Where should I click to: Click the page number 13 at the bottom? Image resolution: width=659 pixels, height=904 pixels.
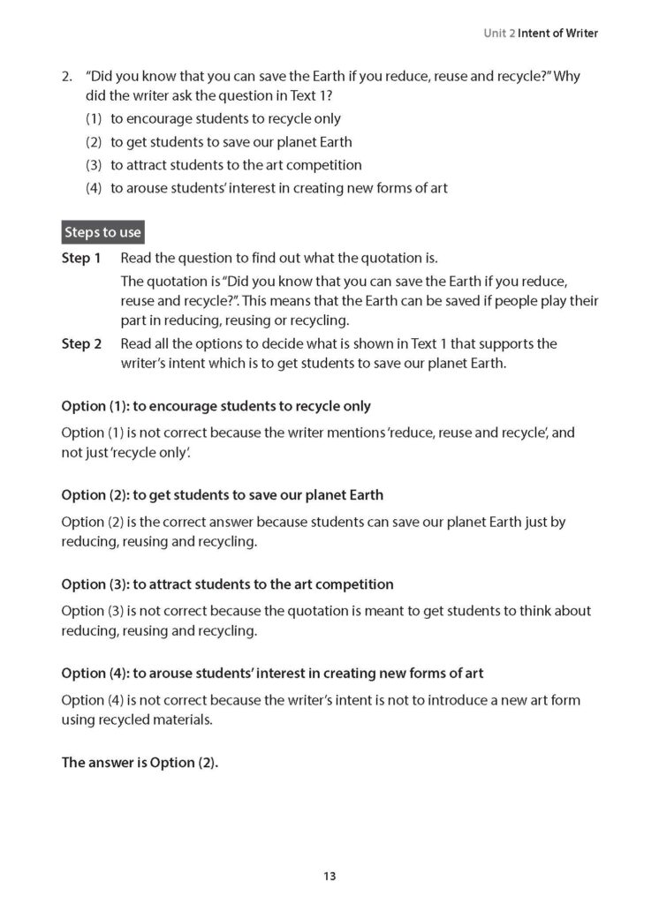pyautogui.click(x=329, y=877)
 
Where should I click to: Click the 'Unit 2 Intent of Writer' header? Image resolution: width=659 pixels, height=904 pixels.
pyautogui.click(x=541, y=34)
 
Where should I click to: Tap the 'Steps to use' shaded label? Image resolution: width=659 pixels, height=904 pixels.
pyautogui.click(x=102, y=232)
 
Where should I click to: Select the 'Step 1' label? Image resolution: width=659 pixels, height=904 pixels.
pyautogui.click(x=81, y=259)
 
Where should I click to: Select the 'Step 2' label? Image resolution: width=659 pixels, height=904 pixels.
pyautogui.click(x=81, y=343)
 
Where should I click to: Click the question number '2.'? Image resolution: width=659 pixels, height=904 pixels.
pyautogui.click(x=67, y=77)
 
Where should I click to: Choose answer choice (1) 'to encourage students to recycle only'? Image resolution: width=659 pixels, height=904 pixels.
pyautogui.click(x=225, y=118)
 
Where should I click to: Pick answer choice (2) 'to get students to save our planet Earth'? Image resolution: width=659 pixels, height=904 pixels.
pyautogui.click(x=231, y=141)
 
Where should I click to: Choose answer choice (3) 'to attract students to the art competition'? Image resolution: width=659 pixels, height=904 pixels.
pyautogui.click(x=236, y=164)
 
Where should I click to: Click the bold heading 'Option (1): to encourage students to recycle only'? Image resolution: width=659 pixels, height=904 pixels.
pyautogui.click(x=216, y=406)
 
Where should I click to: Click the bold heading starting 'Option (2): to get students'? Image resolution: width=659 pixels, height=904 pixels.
pyautogui.click(x=222, y=495)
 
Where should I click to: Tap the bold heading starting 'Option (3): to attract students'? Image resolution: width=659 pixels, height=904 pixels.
pyautogui.click(x=227, y=584)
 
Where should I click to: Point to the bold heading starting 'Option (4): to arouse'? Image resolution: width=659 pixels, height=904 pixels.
pyautogui.click(x=272, y=674)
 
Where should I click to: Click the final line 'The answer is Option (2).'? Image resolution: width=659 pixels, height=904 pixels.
pyautogui.click(x=140, y=763)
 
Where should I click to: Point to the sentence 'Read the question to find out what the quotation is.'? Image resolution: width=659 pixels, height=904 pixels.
pyautogui.click(x=279, y=259)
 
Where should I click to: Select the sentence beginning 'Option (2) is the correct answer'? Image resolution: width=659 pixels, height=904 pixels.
pyautogui.click(x=314, y=522)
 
